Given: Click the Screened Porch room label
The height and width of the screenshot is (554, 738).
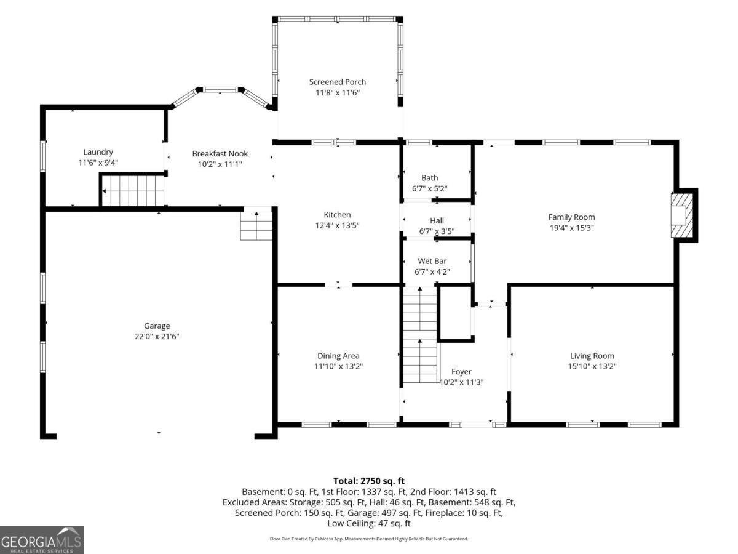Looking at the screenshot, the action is [x=337, y=82].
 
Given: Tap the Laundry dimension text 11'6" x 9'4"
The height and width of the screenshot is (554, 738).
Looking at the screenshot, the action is [x=98, y=163].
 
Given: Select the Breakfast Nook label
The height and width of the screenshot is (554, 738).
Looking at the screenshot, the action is [x=220, y=153].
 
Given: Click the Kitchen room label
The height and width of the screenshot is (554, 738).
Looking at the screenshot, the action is [x=337, y=215].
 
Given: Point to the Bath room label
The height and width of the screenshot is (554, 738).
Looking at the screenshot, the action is [x=430, y=178].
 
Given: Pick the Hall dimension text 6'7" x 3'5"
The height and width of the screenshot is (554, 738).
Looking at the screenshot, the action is [x=437, y=231].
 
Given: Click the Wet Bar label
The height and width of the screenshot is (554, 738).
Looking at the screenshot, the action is [x=432, y=261].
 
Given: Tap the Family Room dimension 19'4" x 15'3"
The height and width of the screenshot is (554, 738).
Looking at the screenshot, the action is [x=571, y=228].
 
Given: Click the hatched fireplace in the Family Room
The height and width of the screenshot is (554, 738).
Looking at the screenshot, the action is [x=682, y=215].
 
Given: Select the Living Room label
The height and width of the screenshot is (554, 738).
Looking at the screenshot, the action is [x=592, y=356].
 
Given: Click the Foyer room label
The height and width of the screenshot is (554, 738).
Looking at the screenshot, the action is [x=461, y=371].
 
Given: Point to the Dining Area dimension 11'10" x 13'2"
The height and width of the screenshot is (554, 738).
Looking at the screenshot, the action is [x=338, y=366].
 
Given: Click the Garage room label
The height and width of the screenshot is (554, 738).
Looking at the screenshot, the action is [x=157, y=326].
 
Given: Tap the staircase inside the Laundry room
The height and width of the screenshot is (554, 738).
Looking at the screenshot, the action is [x=133, y=191].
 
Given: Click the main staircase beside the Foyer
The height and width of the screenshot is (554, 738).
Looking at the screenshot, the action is [x=420, y=335].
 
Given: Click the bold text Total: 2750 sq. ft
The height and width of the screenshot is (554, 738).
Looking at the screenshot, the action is [x=369, y=481].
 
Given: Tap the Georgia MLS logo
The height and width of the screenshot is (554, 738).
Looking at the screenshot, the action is [x=41, y=540].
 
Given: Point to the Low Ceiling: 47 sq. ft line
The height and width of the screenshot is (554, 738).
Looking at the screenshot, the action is [x=369, y=523].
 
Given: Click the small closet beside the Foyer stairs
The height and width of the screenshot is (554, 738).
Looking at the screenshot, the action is [x=455, y=313].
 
